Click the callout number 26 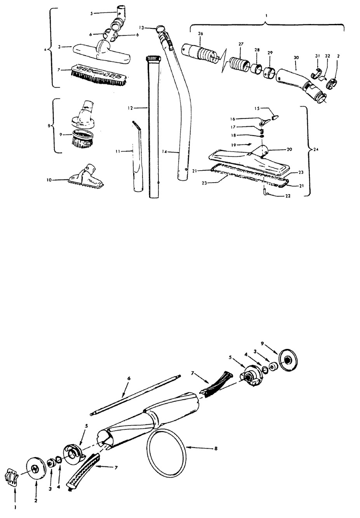pyautogui.click(x=200, y=33)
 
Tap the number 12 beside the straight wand pyautogui.click(x=130, y=108)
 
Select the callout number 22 pyautogui.click(x=288, y=196)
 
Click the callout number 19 pyautogui.click(x=234, y=145)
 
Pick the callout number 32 pyautogui.click(x=327, y=56)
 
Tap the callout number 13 pyautogui.click(x=141, y=28)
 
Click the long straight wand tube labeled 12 pyautogui.click(x=153, y=127)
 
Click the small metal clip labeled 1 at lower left pyautogui.click(x=12, y=473)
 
